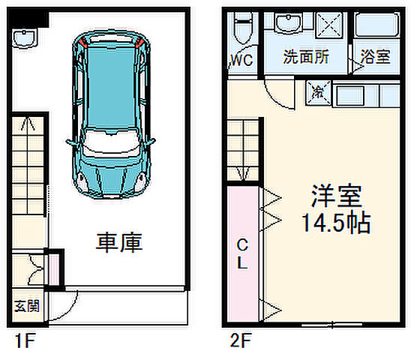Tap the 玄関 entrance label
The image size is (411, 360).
pos(27,306)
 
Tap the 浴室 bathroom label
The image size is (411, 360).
pos(375,56)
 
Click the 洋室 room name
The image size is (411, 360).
pos(337,196)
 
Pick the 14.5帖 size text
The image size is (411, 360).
pos(337,223)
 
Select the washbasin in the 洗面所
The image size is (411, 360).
pos(288,25)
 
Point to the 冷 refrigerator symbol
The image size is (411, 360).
pos(318,94)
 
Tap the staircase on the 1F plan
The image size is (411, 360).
pos(28,172)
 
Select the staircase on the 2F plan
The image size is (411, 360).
pos(244,150)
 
